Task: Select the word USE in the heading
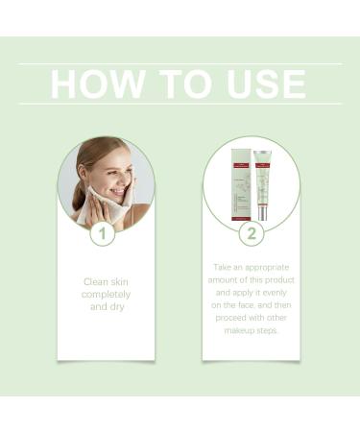[264, 84]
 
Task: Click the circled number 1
[103, 233]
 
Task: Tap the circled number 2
[252, 233]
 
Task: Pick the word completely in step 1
[106, 297]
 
